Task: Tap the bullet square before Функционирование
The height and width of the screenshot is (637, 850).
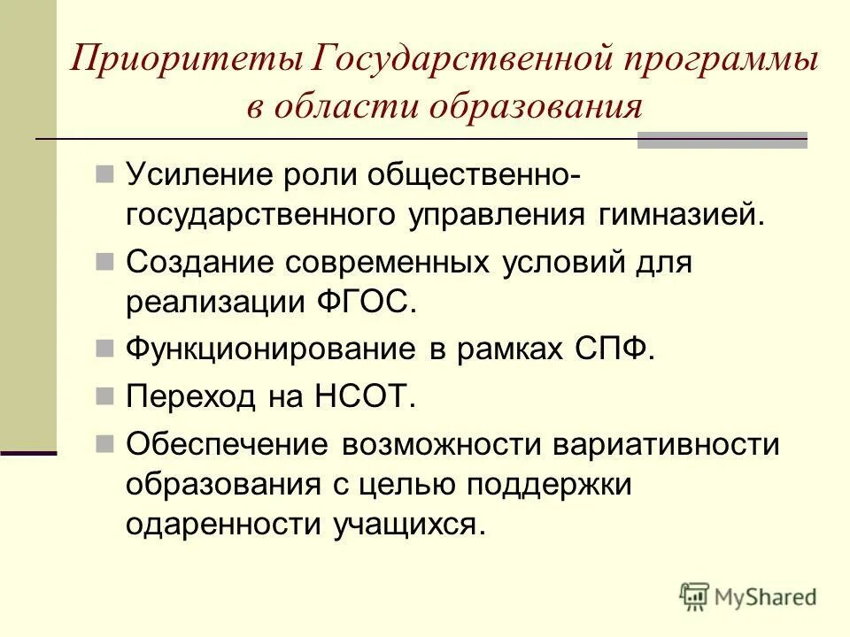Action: pyautogui.click(x=104, y=349)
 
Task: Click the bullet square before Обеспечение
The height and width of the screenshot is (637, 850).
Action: pyautogui.click(x=104, y=440)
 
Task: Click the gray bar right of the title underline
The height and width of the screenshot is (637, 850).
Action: pyautogui.click(x=722, y=139)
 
